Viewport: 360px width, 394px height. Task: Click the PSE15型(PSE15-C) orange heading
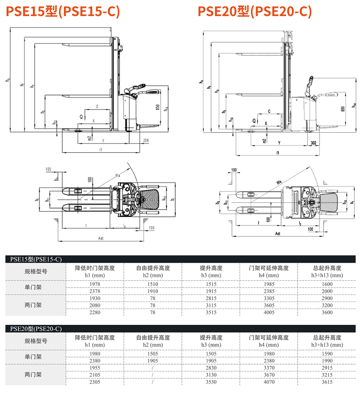62,12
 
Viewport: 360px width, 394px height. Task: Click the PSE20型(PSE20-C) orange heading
255,12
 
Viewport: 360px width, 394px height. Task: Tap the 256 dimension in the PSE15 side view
146,140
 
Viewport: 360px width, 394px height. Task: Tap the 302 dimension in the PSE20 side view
312,143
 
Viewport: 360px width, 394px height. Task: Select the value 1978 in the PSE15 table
95,284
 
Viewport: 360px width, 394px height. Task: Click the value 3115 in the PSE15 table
211,305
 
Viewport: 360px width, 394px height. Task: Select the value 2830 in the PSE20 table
211,367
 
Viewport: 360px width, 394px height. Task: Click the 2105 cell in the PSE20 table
95,374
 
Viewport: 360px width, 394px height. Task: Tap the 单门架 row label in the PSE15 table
34,287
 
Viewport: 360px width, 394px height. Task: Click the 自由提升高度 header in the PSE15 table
153,268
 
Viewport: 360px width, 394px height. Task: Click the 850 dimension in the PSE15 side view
157,108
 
